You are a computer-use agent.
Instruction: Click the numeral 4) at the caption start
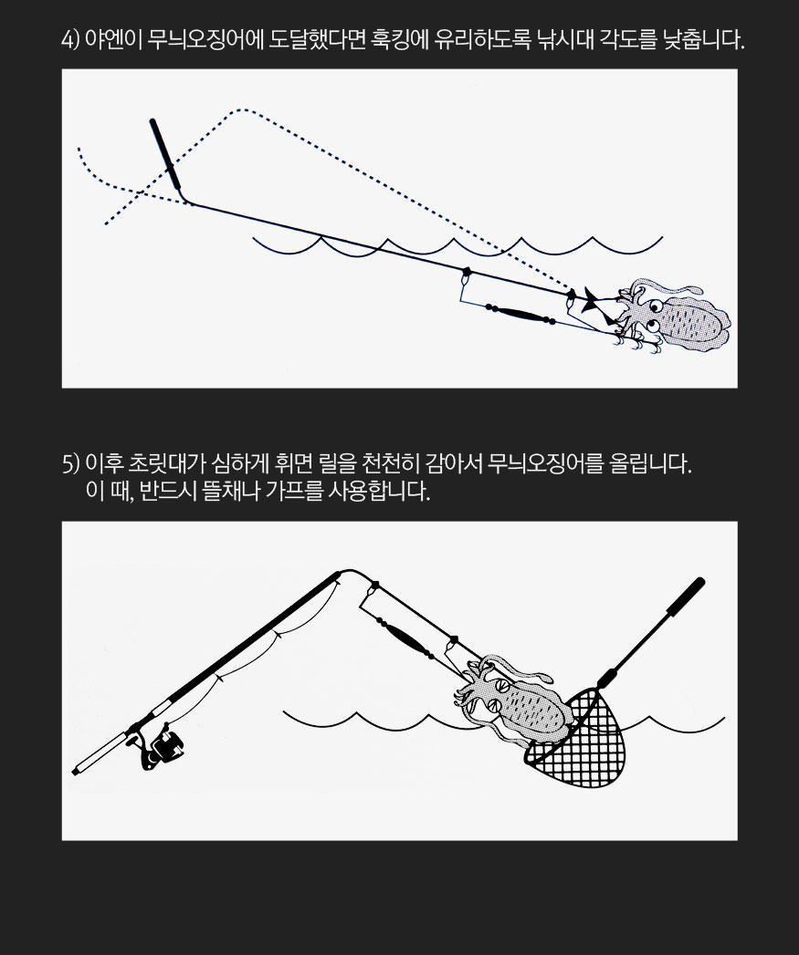click(x=70, y=41)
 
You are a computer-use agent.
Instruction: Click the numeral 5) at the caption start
click(x=70, y=464)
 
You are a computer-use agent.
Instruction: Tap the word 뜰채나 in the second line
click(x=231, y=491)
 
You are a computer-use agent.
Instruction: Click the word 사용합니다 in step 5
click(x=379, y=491)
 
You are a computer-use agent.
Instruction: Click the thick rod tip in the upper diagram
click(x=165, y=154)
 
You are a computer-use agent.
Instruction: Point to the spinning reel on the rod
click(x=162, y=747)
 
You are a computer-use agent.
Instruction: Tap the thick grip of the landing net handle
click(x=686, y=597)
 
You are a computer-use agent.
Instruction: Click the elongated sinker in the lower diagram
click(x=405, y=637)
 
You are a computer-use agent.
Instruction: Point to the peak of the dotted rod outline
click(x=243, y=109)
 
